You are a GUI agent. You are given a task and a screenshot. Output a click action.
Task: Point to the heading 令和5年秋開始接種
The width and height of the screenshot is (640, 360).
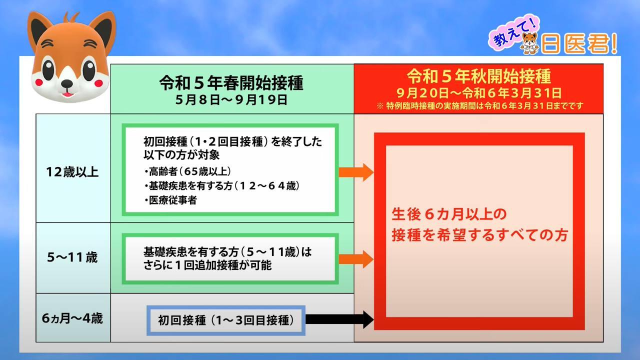click(478, 76)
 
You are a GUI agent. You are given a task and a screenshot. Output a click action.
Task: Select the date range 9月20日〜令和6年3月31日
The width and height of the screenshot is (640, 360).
click(478, 92)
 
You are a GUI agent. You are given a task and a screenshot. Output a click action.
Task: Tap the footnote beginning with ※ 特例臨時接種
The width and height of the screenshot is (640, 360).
click(478, 106)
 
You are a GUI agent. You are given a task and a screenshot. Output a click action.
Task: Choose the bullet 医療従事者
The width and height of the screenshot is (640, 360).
click(170, 200)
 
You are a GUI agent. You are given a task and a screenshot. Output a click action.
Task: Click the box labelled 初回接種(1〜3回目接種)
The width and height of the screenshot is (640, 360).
click(225, 320)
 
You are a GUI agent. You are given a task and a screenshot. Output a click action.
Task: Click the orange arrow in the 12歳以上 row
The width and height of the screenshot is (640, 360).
click(356, 172)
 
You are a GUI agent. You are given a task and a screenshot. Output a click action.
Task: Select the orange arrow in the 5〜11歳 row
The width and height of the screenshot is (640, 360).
click(356, 259)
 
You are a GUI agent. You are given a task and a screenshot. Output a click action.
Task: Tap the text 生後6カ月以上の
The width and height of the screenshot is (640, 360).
click(448, 214)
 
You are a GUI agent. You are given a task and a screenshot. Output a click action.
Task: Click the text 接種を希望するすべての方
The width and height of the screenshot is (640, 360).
click(479, 234)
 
